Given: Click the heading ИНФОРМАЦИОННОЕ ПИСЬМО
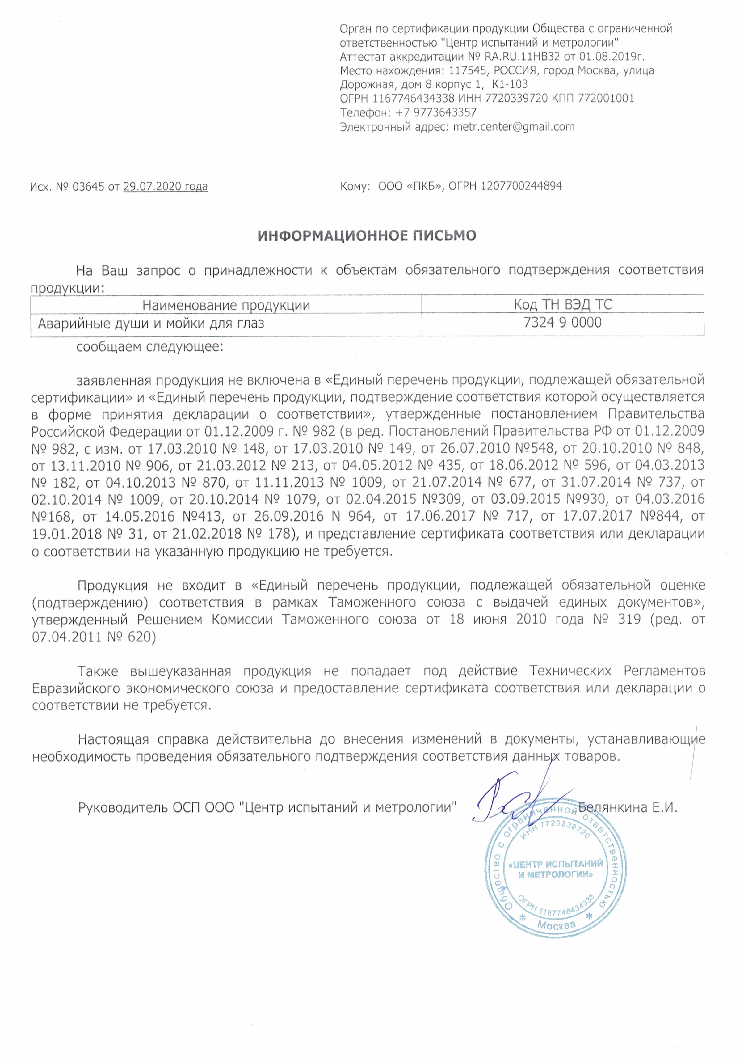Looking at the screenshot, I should [x=367, y=236].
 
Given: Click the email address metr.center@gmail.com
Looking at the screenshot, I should [x=513, y=126].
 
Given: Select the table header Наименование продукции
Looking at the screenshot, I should [x=226, y=305].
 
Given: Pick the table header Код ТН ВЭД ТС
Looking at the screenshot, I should [x=562, y=304].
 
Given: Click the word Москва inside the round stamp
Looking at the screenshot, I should [x=556, y=925].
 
